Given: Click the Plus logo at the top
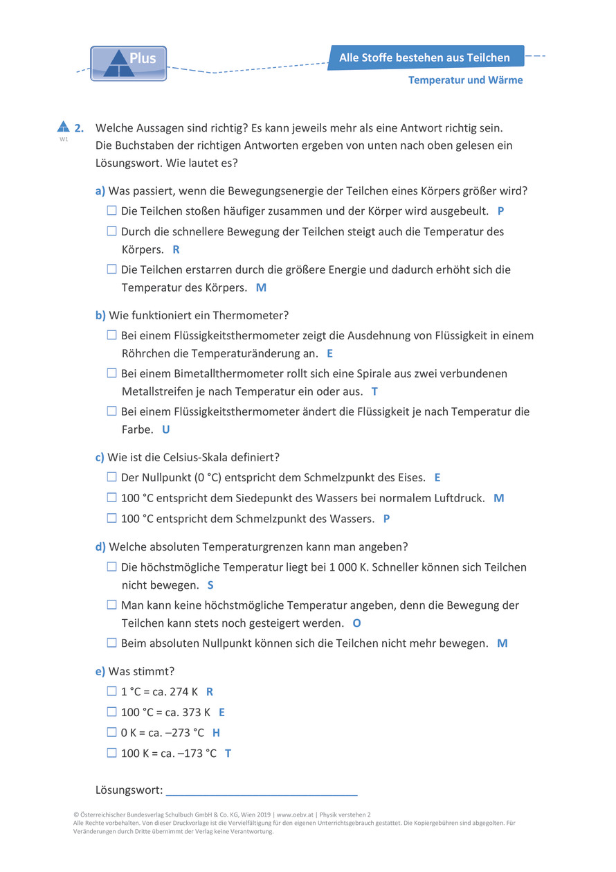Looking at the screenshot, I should [x=128, y=63].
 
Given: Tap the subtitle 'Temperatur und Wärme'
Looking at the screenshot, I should [x=465, y=80].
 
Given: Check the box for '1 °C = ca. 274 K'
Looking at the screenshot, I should [x=111, y=691].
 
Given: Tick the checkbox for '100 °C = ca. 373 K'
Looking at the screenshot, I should [x=111, y=711].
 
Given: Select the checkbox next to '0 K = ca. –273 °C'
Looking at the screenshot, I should [x=111, y=732].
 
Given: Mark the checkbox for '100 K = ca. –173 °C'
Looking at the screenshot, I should [x=111, y=753].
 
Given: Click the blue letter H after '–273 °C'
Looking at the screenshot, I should [x=216, y=733].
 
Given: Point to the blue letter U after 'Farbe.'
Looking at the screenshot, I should [x=165, y=429].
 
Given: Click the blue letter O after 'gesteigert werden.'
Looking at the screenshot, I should [x=356, y=623].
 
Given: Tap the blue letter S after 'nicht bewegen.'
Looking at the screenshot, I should [x=210, y=585].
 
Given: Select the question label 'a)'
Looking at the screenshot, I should [x=100, y=190].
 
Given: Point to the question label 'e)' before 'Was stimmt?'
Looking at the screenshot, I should [x=100, y=671].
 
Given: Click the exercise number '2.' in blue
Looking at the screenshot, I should [x=80, y=127].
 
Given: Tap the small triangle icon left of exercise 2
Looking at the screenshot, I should [x=63, y=126].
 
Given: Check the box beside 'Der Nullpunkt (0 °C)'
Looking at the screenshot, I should [x=111, y=477].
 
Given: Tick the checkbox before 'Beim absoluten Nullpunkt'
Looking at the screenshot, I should [x=111, y=643].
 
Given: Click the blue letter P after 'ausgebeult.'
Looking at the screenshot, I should [x=500, y=211].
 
